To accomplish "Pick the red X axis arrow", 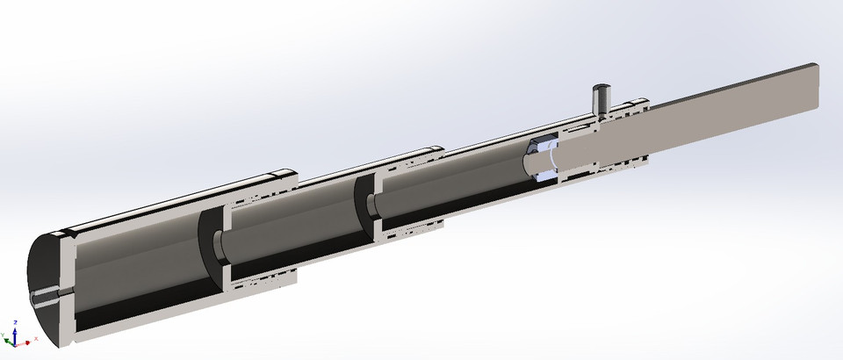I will [x=25, y=340].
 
